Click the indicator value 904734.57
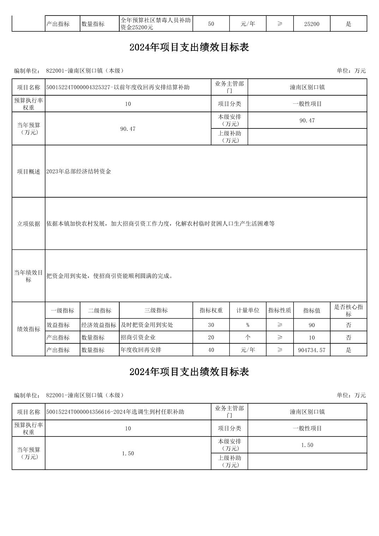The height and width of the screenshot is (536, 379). tap(312, 350)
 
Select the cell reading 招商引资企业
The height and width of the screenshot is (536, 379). tap(138, 337)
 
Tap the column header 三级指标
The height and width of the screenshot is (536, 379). tap(156, 311)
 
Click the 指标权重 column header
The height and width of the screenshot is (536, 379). tap(211, 311)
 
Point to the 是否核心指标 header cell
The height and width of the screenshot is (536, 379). tap(348, 311)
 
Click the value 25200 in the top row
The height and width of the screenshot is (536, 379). tap(312, 24)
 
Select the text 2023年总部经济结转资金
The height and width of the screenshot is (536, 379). tap(79, 171)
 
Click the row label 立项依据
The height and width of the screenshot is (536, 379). tap(29, 224)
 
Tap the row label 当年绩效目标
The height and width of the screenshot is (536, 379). tap(29, 276)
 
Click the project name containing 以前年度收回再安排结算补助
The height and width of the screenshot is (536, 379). tap(118, 87)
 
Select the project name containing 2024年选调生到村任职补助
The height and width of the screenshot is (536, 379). tap(115, 412)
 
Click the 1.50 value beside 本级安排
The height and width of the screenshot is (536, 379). tap(307, 445)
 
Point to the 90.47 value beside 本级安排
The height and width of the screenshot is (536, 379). tap(307, 120)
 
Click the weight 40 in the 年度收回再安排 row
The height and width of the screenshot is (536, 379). tap(211, 350)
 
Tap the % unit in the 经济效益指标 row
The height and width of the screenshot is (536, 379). tap(248, 325)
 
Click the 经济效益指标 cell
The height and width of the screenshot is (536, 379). tap(99, 325)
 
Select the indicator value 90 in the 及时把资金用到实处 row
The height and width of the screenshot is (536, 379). tap(312, 325)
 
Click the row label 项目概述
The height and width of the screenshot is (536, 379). tap(29, 171)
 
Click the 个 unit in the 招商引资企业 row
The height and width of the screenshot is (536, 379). tap(248, 337)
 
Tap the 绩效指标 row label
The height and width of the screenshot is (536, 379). tap(29, 329)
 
